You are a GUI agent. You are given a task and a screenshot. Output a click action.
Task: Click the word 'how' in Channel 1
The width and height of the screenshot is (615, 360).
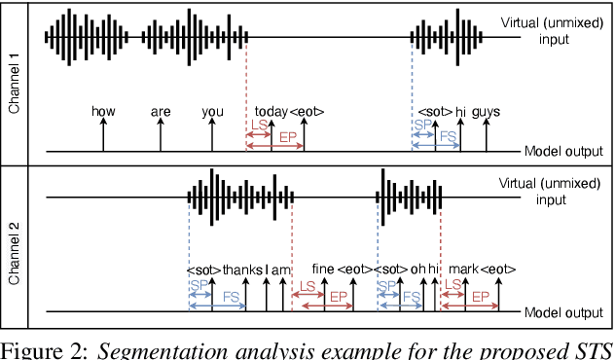click(x=103, y=112)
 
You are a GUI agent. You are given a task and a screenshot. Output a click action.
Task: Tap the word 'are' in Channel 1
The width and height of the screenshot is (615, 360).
click(x=161, y=112)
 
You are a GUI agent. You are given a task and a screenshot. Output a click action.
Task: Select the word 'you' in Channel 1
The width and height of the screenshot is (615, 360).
click(x=212, y=112)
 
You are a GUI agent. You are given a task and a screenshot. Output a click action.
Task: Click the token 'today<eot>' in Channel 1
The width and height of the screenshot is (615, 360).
click(x=289, y=112)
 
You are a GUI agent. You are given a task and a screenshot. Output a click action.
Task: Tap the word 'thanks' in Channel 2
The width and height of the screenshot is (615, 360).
click(x=242, y=270)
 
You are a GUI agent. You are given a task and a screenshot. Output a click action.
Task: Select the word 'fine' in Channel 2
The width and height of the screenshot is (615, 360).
click(x=323, y=270)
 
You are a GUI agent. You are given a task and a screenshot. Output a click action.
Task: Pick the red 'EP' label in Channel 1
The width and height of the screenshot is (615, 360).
click(x=288, y=138)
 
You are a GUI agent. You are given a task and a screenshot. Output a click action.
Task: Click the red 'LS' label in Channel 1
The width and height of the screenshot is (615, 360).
click(x=258, y=127)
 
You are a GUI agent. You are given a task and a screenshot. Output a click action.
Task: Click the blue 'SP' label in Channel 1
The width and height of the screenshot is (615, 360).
click(x=420, y=127)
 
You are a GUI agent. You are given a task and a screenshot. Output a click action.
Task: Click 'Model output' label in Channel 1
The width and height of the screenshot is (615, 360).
click(x=563, y=152)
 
